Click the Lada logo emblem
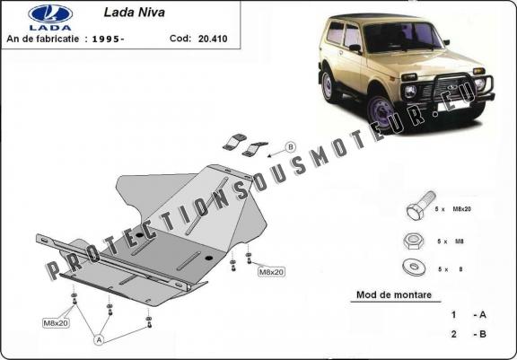[x=50, y=14]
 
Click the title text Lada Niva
[x=135, y=13]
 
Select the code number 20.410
[x=213, y=39]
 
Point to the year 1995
[x=106, y=39]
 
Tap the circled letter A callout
[x=99, y=340]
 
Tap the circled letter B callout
[x=291, y=146]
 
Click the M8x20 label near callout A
[x=57, y=323]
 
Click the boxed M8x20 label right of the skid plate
[x=271, y=272]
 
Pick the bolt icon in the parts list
[x=421, y=206]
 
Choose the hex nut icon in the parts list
[x=413, y=241]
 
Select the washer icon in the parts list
[x=414, y=267]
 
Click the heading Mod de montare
[x=394, y=294]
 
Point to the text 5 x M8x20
[x=452, y=209]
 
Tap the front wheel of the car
[x=381, y=112]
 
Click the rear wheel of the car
[x=329, y=85]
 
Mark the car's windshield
[x=402, y=36]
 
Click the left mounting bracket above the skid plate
[x=234, y=142]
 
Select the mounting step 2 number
[x=453, y=334]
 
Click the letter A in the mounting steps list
[x=482, y=315]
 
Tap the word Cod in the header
[x=180, y=39]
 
